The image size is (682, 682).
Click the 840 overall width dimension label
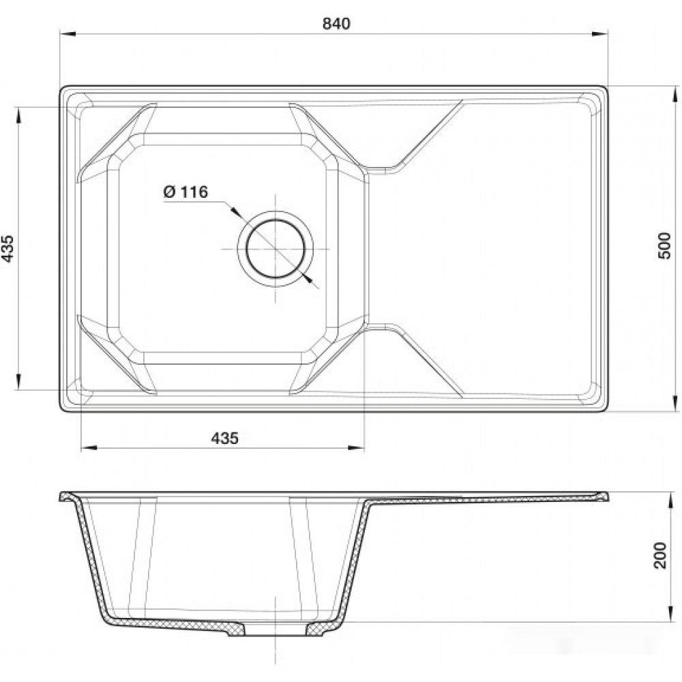[x=336, y=23]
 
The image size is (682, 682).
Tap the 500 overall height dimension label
[x=664, y=246]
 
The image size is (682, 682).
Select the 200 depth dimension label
[x=659, y=555]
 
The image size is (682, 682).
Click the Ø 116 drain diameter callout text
[x=186, y=192]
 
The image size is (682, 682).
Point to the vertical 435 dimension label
[x=8, y=248]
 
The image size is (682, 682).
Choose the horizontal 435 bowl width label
[x=225, y=438]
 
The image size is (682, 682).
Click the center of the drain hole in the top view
[x=275, y=249]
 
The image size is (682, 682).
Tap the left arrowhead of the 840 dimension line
[x=68, y=33]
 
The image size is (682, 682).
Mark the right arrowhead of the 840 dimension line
[x=599, y=33]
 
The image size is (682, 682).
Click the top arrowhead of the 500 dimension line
[x=675, y=94]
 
